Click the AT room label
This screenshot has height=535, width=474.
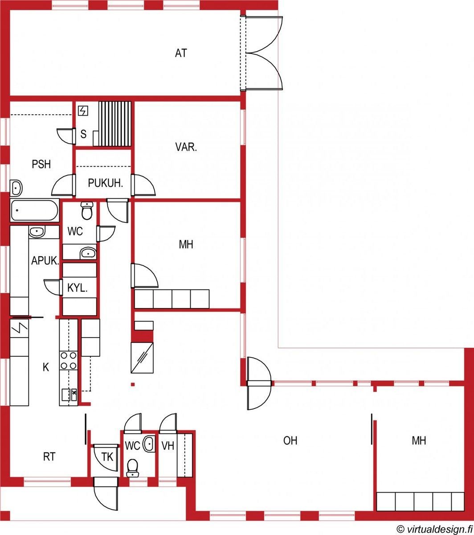(x=181, y=53)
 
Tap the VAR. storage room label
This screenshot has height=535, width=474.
(x=186, y=147)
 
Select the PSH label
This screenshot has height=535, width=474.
(x=41, y=164)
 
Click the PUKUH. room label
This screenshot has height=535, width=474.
(x=106, y=183)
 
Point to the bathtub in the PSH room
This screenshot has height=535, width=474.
(x=35, y=210)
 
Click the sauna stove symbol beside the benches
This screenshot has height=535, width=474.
(x=83, y=111)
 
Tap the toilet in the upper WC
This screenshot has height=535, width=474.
(x=87, y=211)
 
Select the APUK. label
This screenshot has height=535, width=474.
(x=45, y=261)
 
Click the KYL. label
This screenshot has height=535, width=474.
(x=77, y=288)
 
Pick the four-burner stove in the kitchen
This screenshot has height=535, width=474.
(x=69, y=360)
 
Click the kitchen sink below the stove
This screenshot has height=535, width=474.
(x=69, y=395)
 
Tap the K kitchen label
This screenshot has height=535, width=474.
(x=46, y=367)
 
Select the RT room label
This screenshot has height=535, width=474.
(x=49, y=457)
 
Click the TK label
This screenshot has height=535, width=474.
(x=107, y=457)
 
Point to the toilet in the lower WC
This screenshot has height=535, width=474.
(x=132, y=468)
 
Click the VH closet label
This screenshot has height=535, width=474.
(x=168, y=446)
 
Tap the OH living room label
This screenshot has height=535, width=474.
(x=290, y=440)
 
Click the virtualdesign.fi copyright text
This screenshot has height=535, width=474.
(x=434, y=529)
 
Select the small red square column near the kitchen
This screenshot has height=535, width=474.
(x=133, y=384)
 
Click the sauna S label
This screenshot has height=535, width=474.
(x=83, y=134)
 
